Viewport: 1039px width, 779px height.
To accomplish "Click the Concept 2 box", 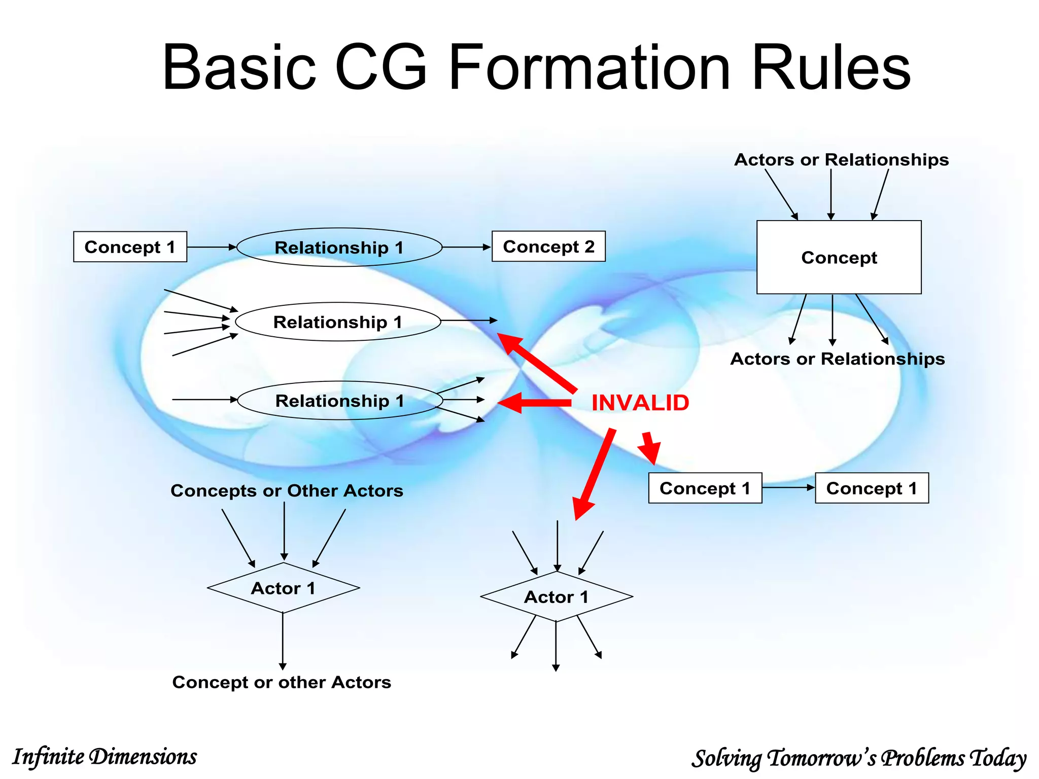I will [x=548, y=246].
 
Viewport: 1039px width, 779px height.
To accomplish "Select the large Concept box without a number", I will [x=839, y=257].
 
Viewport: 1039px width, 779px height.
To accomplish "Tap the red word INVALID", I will [x=640, y=403].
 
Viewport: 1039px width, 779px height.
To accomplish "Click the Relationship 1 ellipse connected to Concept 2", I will [x=339, y=247].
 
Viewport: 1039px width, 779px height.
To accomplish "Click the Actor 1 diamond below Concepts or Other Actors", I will [x=283, y=588].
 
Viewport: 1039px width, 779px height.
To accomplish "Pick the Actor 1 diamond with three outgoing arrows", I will [x=556, y=596].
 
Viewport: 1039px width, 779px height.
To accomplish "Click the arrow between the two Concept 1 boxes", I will [x=788, y=487].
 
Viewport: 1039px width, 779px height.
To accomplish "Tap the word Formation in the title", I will [x=590, y=68].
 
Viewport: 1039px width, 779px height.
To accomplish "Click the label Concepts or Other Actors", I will [x=287, y=490].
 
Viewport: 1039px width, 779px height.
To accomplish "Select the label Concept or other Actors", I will [x=282, y=682].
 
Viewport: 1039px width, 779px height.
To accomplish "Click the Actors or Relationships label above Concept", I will [x=841, y=160].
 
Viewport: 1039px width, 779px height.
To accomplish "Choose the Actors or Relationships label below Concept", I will [x=837, y=359].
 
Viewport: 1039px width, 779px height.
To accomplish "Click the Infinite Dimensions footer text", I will [x=105, y=757].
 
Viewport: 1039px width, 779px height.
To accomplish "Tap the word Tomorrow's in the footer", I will [x=822, y=758].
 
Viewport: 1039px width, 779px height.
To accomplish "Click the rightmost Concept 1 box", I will [x=872, y=488].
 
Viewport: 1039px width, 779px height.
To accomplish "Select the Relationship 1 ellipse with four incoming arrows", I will [x=337, y=322].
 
